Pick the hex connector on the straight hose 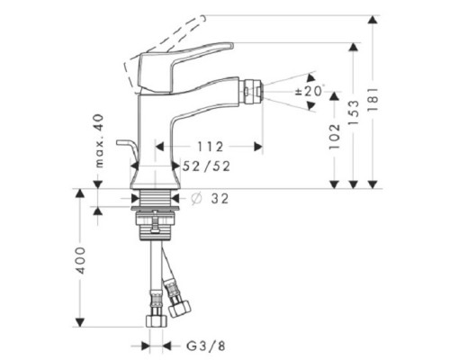click(x=153, y=319)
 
